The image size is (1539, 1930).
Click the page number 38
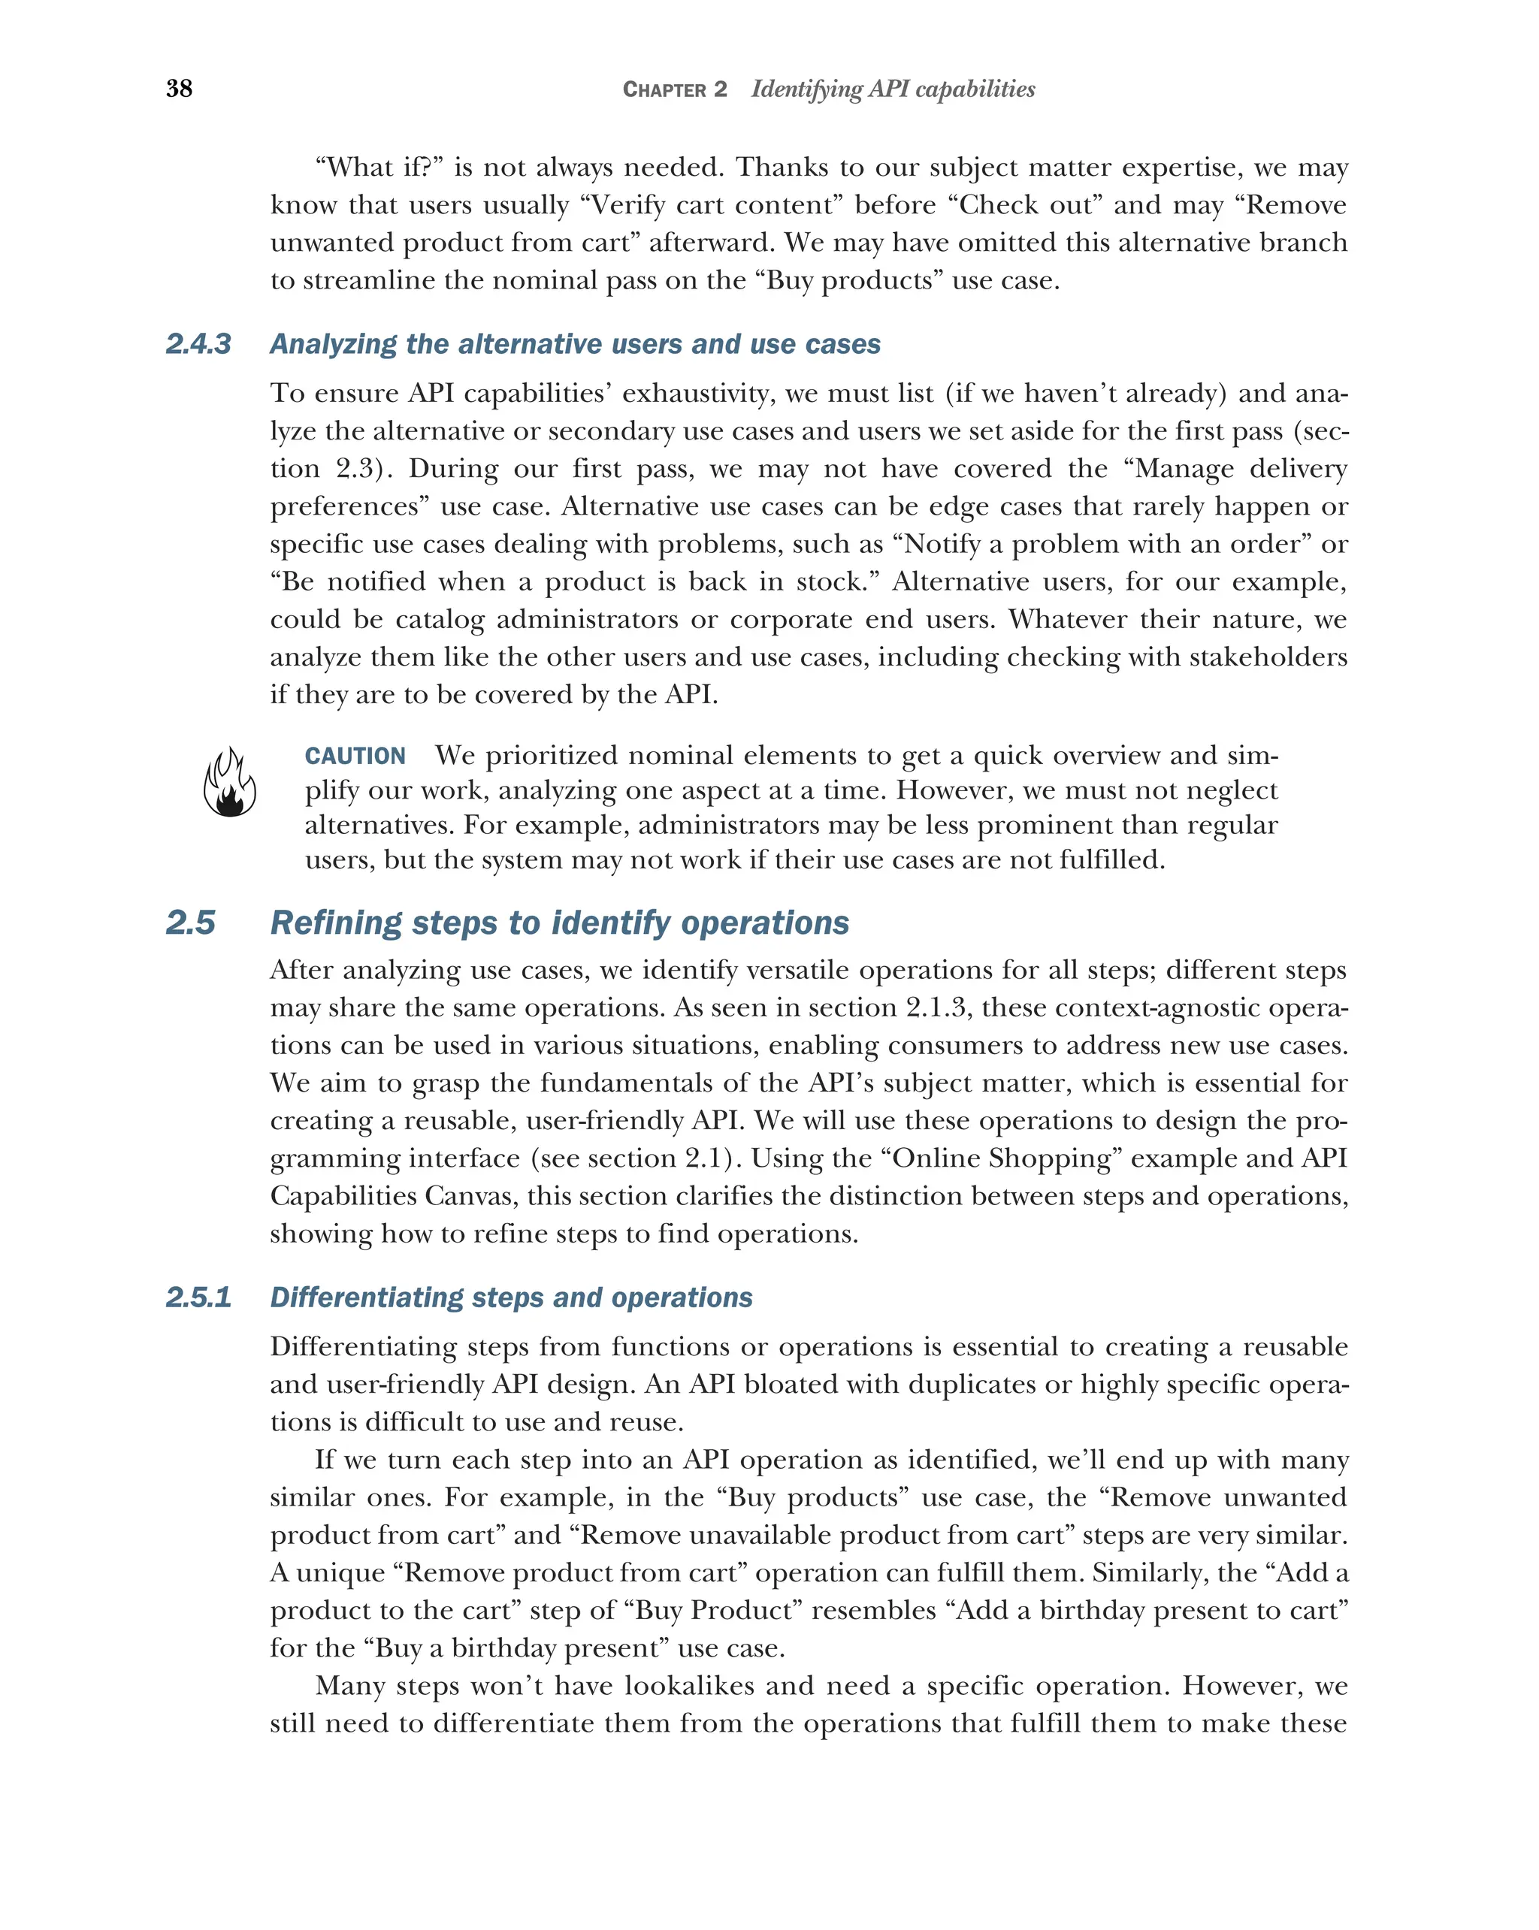[179, 89]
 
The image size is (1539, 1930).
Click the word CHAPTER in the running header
[664, 89]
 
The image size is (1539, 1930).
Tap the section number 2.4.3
[198, 344]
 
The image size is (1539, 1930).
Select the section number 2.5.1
[198, 1297]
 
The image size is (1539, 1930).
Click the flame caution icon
[229, 784]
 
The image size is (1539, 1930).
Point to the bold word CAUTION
[355, 757]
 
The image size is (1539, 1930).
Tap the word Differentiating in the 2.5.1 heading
[365, 1297]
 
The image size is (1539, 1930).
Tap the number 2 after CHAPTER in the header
[721, 89]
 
